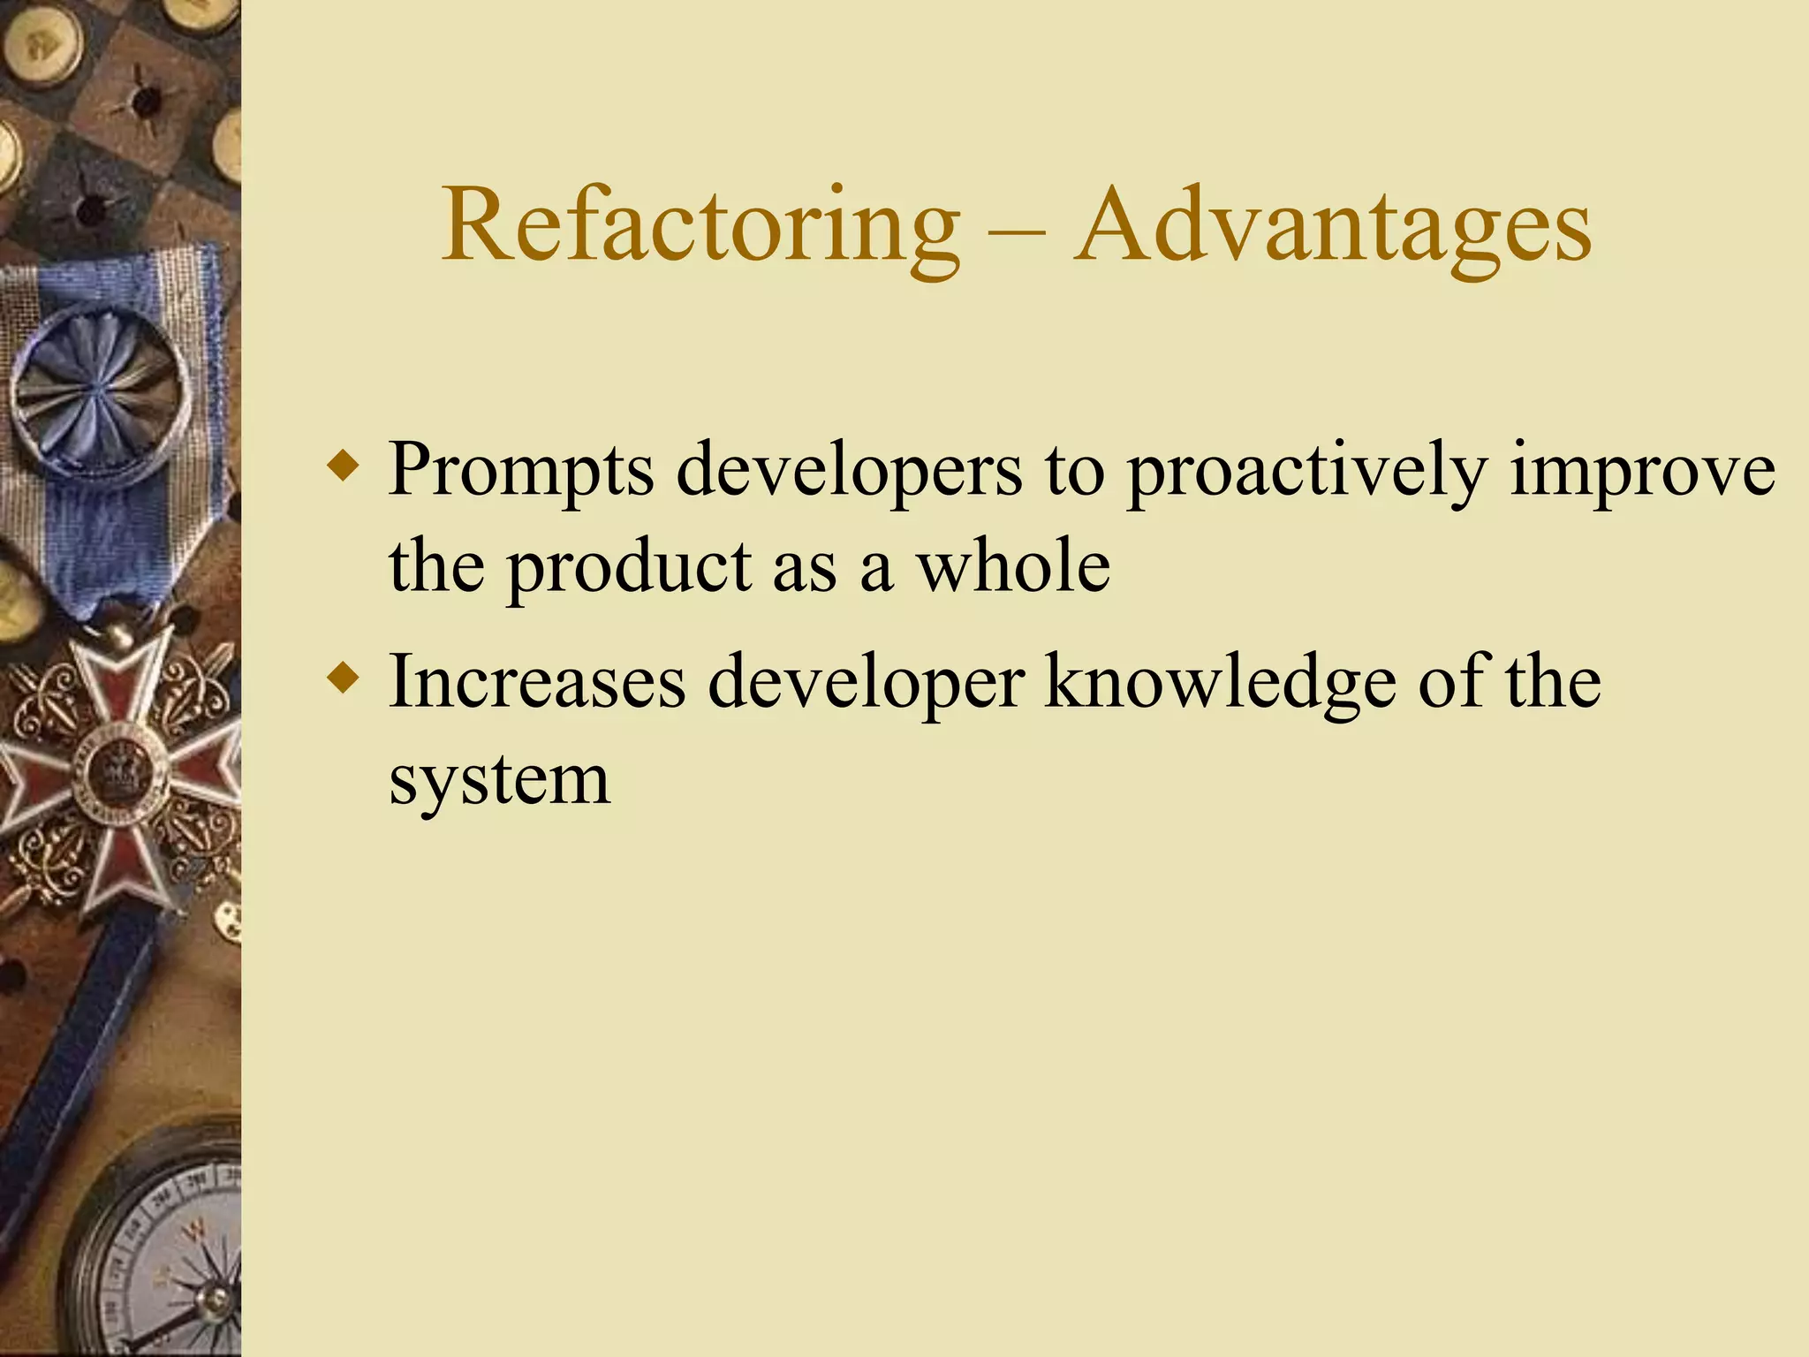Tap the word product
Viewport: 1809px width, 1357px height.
coord(628,568)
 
